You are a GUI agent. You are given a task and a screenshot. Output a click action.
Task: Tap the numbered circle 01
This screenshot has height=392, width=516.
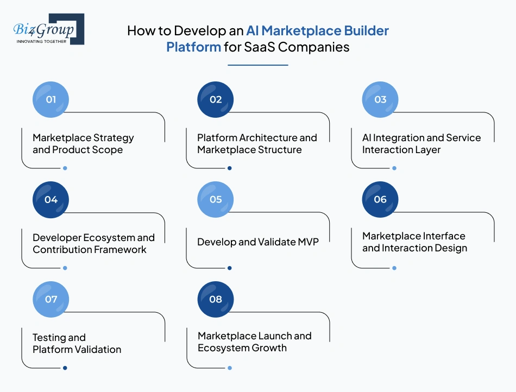coord(51,99)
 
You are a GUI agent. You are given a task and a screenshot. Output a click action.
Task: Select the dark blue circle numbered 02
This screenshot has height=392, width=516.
coord(216,99)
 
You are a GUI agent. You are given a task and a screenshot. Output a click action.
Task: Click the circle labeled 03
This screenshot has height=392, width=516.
coord(380,99)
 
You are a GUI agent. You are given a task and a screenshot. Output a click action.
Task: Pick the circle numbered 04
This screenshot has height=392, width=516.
coord(51,199)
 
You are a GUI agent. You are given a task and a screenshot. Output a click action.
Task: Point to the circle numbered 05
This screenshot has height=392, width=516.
coord(216,199)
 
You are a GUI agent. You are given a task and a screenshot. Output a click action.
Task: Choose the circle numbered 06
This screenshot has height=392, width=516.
coord(380,199)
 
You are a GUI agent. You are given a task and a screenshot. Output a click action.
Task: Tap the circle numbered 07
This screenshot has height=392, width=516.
coord(51,299)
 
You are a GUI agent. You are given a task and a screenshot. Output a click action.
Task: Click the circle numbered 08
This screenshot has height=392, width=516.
coord(216,299)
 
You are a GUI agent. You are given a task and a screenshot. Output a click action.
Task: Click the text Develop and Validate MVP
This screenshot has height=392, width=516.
coord(258,242)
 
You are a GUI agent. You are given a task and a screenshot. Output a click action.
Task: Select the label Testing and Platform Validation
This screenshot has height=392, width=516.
coord(77,344)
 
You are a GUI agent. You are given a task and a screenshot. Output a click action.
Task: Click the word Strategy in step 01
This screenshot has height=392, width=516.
coord(114,138)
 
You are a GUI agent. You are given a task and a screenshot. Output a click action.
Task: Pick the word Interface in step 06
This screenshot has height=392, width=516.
coord(445,236)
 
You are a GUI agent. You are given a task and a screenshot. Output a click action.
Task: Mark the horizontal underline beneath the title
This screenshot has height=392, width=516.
coord(257,65)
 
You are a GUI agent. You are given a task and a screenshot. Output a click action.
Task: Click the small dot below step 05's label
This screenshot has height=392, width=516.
coord(230,268)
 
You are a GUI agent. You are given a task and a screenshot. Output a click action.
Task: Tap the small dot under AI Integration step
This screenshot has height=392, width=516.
coord(394,168)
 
